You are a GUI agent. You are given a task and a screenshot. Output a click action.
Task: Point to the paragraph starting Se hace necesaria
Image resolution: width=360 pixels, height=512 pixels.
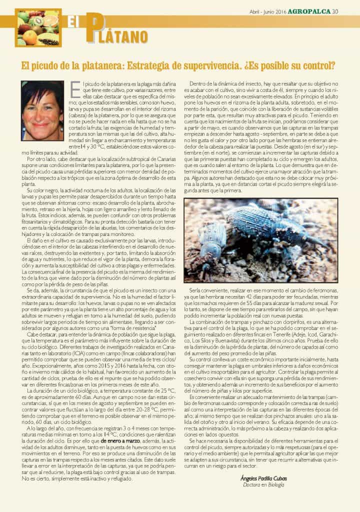coord(260,454)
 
